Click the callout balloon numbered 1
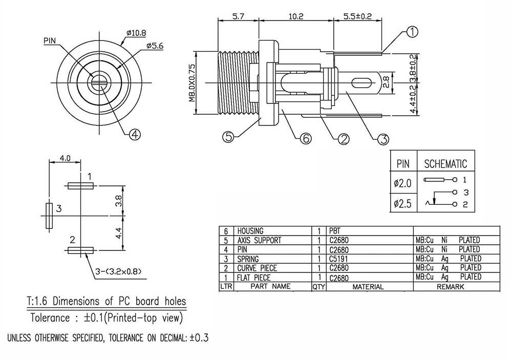(x=412, y=32)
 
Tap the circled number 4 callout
(x=135, y=134)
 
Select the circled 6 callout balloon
(x=306, y=139)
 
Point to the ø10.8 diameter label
(x=137, y=33)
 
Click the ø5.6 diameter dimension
(x=155, y=46)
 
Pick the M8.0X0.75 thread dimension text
(x=192, y=82)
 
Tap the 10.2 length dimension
(x=296, y=16)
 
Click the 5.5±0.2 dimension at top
(x=357, y=16)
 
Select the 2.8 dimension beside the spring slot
(x=386, y=82)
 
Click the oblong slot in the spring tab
(x=361, y=82)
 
